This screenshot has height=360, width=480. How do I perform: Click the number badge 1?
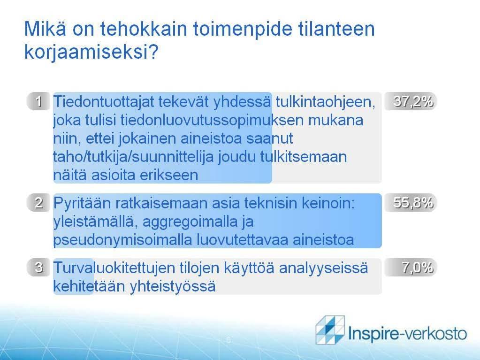(38, 101)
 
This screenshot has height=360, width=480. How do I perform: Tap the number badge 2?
(38, 203)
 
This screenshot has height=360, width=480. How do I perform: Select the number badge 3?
(38, 267)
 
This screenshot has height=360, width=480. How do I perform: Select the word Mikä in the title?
(45, 29)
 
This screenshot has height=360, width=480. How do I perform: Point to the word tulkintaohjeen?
(326, 102)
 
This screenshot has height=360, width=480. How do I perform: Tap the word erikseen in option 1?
(169, 175)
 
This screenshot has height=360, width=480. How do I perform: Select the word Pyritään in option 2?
(81, 203)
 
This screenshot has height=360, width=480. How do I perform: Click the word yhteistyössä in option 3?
(173, 287)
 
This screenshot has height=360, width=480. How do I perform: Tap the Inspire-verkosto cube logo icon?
(330, 329)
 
